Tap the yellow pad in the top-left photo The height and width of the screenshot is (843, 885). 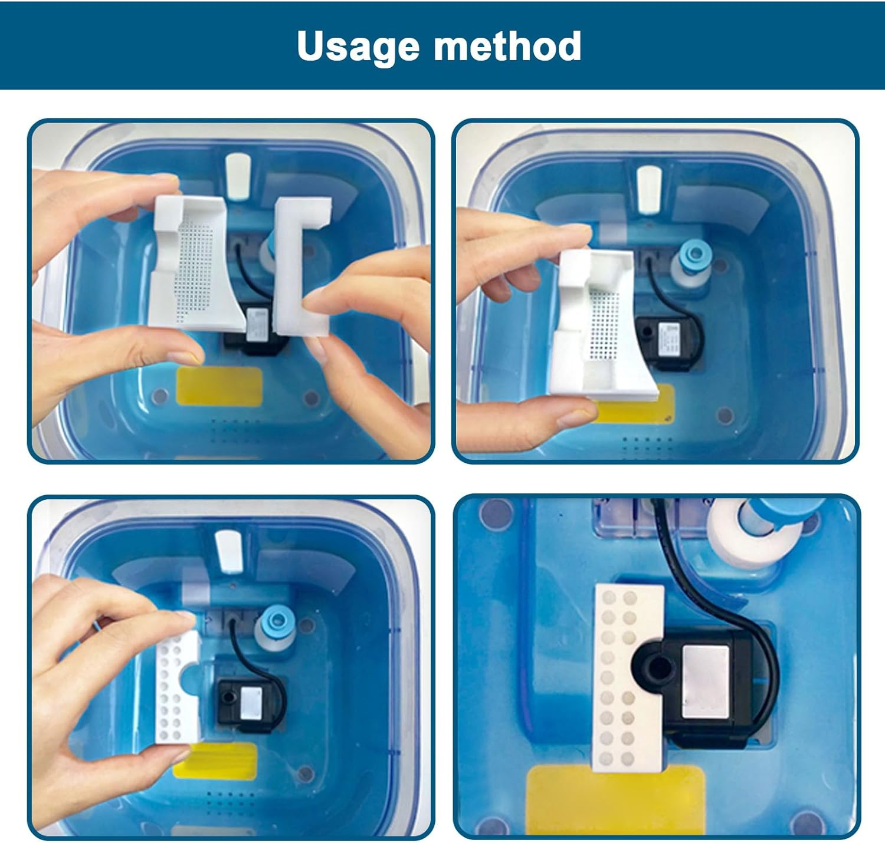tap(219, 386)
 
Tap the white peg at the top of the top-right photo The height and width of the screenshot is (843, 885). tap(649, 189)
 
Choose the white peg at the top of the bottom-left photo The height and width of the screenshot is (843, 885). tap(228, 551)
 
